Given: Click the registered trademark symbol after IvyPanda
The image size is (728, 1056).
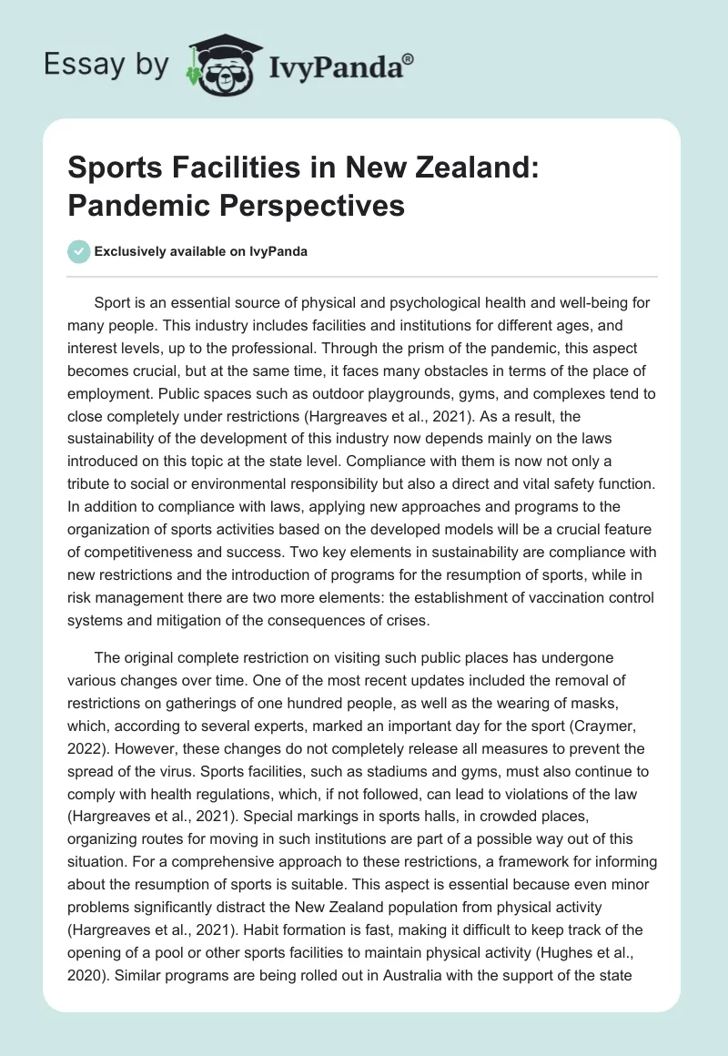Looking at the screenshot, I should click(x=409, y=57).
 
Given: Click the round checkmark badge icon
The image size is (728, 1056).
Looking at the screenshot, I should click(x=79, y=251).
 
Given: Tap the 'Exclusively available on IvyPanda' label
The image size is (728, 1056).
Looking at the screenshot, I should click(x=202, y=252).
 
